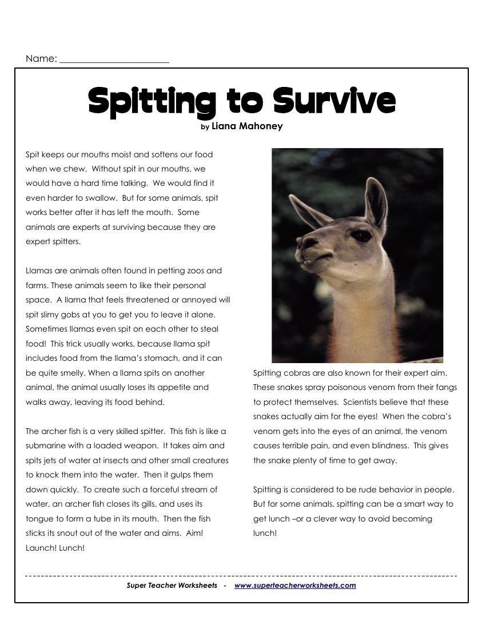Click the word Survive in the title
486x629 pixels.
[333, 101]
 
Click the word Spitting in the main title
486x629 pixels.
[152, 102]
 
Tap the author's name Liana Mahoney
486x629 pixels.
[247, 126]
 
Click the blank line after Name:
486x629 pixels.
[114, 59]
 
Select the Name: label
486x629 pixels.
[41, 58]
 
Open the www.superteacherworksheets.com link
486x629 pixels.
[295, 585]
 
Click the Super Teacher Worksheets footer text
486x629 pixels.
[172, 585]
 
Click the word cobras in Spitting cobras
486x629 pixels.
[297, 373]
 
